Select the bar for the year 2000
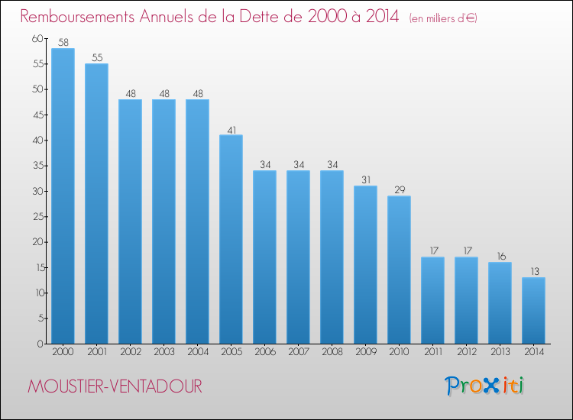pyautogui.click(x=63, y=196)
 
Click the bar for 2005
pyautogui.click(x=231, y=239)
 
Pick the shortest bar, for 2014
pyautogui.click(x=533, y=310)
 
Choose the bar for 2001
pyautogui.click(x=96, y=204)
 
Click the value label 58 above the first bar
pyautogui.click(x=63, y=43)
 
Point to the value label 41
pyautogui.click(x=231, y=129)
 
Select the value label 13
pyautogui.click(x=533, y=272)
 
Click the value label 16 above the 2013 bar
pyautogui.click(x=500, y=257)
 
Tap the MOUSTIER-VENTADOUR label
pyautogui.click(x=115, y=387)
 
